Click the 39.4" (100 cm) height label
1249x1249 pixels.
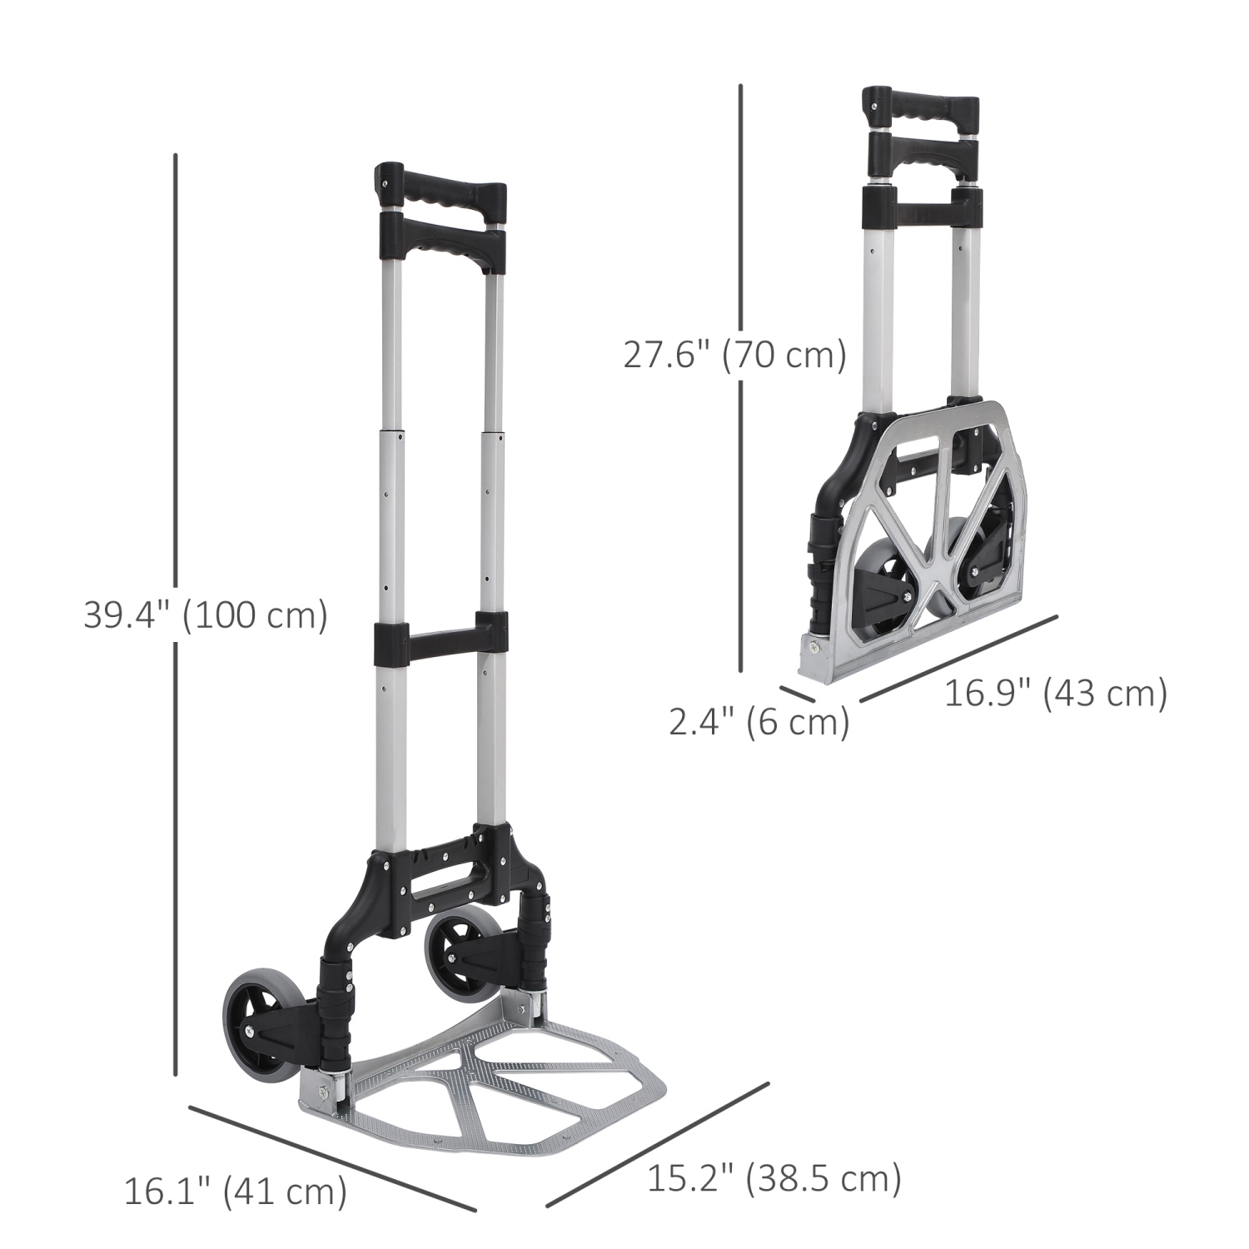[x=206, y=617]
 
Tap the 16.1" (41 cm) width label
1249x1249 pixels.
[x=235, y=1192]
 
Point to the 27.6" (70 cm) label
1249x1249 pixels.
[x=734, y=356]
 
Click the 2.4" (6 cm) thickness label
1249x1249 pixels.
[x=759, y=722]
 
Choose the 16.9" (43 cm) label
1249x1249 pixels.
[x=1055, y=693]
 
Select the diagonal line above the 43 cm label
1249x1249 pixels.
[x=958, y=658]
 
